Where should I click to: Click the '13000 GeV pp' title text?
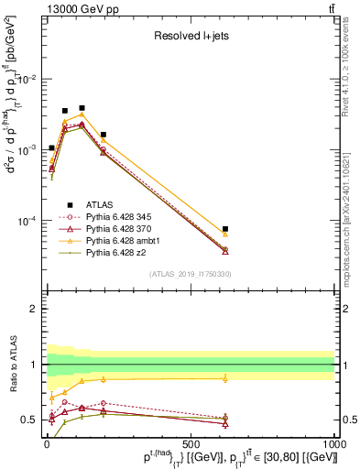pyautogui.click(x=76, y=8)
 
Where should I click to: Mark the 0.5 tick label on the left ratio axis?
pyautogui.click(x=30, y=420)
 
